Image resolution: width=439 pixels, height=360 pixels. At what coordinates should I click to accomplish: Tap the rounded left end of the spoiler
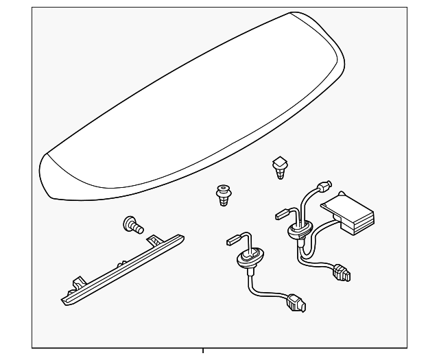tap(51, 177)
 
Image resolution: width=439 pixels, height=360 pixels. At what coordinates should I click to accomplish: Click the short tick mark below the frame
tap(203, 353)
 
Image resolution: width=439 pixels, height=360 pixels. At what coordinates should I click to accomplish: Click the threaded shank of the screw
tap(139, 229)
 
